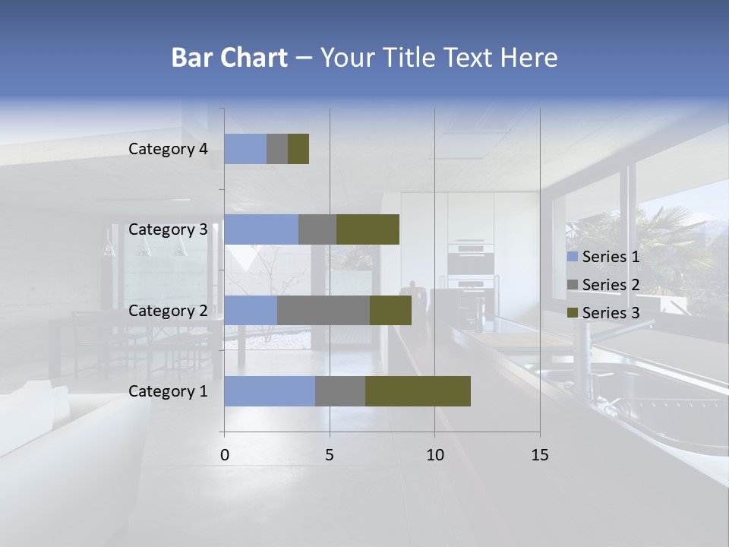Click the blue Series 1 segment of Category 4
click(x=245, y=149)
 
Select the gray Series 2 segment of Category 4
click(x=277, y=149)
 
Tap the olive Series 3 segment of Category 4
click(x=298, y=149)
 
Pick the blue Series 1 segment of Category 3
click(x=261, y=229)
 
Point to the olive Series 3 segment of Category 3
click(x=368, y=229)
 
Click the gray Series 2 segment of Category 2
click(x=323, y=310)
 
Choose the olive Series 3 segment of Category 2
click(x=390, y=310)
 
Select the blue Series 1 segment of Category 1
click(x=270, y=391)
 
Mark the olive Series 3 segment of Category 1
click(x=418, y=391)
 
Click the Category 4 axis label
click(x=168, y=149)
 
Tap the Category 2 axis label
click(x=168, y=310)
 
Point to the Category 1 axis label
click(x=168, y=391)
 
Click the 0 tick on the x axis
click(x=225, y=455)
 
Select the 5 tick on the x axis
click(x=330, y=455)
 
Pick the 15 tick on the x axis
click(x=539, y=455)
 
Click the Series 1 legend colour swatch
click(x=573, y=257)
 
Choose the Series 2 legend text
click(x=611, y=285)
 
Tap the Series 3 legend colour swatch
click(x=573, y=313)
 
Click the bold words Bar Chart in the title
click(x=229, y=58)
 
